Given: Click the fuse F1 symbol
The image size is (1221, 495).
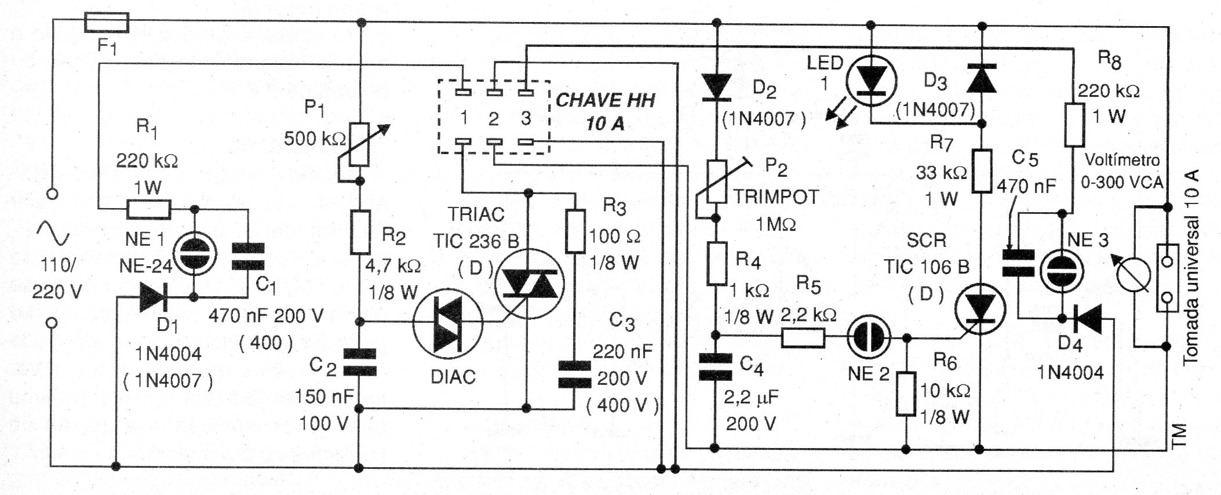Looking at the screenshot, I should point(107,23).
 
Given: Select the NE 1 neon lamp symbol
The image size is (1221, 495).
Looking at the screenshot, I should point(195,253).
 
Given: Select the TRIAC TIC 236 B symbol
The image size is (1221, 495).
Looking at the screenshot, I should point(527,285).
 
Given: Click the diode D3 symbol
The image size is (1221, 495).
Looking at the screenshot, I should point(981,79).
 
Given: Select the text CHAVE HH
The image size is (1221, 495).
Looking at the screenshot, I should point(605,100).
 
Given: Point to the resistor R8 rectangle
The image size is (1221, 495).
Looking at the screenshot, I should point(1074,125).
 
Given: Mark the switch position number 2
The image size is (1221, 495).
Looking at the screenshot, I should point(493,119).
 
